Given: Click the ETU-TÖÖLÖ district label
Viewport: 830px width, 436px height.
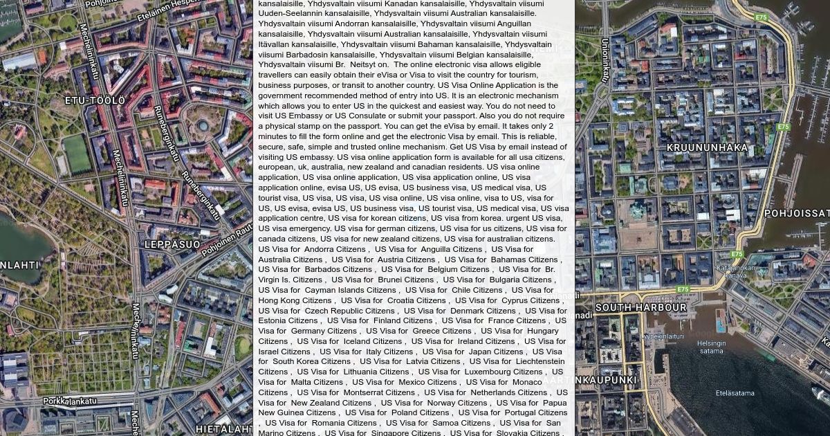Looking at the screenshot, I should pos(95,101).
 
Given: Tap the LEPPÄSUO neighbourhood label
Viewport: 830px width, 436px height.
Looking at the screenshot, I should pos(172,245).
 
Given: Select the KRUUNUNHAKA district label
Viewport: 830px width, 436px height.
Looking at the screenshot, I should pos(707,148).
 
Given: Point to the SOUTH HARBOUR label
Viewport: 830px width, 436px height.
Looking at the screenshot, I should pos(640,308).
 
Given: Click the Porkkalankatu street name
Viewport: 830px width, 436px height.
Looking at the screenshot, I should pos(70,401).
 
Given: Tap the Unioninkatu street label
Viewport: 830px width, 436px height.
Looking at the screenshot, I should pos(605,60).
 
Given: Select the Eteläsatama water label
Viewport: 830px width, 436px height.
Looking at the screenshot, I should pos(735,393).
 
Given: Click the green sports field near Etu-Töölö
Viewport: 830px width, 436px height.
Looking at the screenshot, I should pos(76,154).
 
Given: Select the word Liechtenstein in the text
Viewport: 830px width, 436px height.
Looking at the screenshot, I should pos(537,361).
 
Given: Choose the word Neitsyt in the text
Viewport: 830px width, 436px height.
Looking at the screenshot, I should pos(363,64).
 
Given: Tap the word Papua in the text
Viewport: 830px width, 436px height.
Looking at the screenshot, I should pos(555,403).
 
